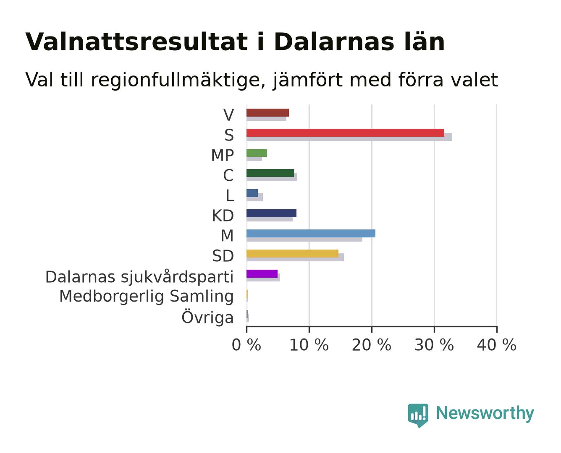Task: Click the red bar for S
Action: (345, 133)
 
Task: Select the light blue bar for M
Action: (311, 233)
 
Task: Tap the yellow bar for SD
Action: (292, 253)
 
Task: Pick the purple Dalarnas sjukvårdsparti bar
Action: (262, 273)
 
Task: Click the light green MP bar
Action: (257, 153)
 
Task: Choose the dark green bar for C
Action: (270, 173)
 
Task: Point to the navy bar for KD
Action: (271, 213)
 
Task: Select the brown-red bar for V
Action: (267, 112)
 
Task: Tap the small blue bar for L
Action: (252, 193)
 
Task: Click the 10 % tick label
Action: (309, 345)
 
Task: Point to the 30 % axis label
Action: (434, 345)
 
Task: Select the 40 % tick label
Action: (496, 345)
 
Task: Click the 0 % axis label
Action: (246, 345)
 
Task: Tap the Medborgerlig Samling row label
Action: (147, 296)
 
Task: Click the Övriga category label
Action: (207, 317)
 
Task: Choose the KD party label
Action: (223, 216)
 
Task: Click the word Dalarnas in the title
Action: (334, 42)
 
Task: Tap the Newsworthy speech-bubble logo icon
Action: (418, 415)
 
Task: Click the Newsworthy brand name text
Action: (485, 413)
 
